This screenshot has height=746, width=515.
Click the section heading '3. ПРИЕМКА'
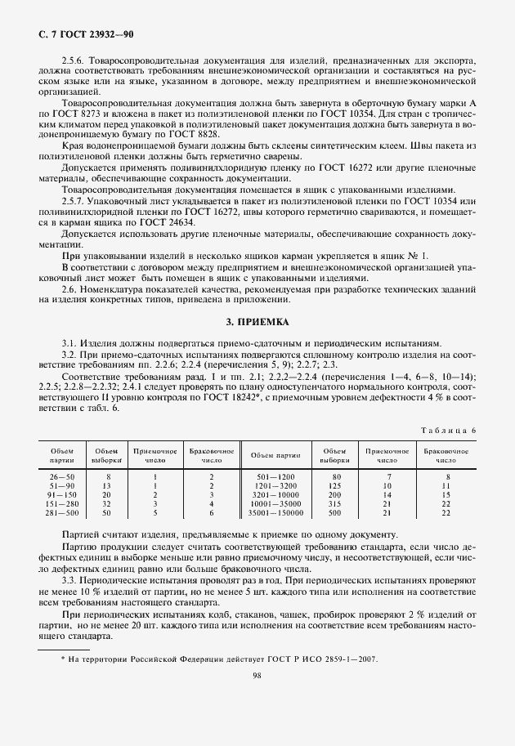pyautogui.click(x=257, y=322)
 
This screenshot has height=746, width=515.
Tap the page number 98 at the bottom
pyautogui.click(x=257, y=698)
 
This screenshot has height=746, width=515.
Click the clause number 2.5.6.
pyautogui.click(x=75, y=61)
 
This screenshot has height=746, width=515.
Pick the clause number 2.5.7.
pyautogui.click(x=75, y=199)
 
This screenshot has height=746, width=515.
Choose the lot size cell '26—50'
pyautogui.click(x=62, y=476)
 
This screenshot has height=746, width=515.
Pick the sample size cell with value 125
pyautogui.click(x=334, y=485)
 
